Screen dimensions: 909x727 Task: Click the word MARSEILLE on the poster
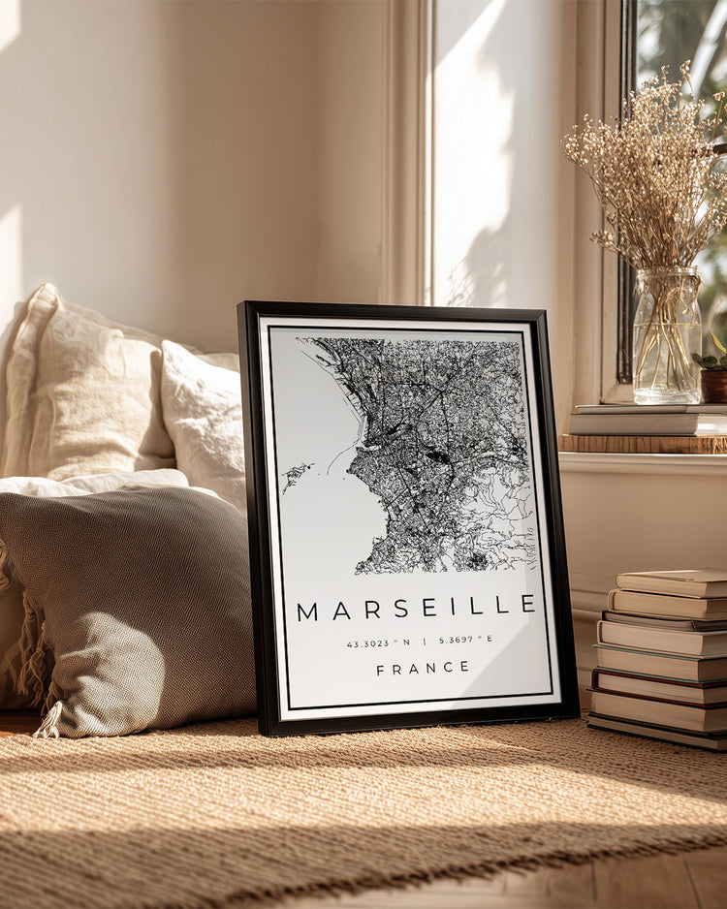tap(417, 608)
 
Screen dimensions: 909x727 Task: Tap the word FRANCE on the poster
tap(423, 668)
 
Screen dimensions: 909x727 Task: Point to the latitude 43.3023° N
tap(378, 642)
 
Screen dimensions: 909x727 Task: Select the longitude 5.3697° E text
tap(465, 640)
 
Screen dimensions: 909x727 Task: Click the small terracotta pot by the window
tap(714, 384)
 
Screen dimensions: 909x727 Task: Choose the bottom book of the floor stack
tap(659, 732)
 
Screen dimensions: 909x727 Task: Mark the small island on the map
tap(297, 476)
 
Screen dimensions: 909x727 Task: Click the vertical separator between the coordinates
tap(424, 641)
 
